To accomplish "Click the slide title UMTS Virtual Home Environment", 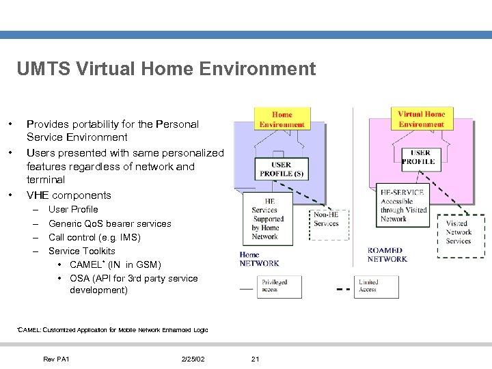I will pyautogui.click(x=166, y=69).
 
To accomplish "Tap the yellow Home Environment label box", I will pyautogui.click(x=282, y=120).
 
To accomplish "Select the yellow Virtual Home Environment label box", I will pyautogui.click(x=421, y=119).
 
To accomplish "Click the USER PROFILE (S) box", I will pyautogui.click(x=281, y=169).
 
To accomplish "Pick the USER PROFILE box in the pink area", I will pyautogui.click(x=418, y=157).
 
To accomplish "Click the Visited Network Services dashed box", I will pyautogui.click(x=459, y=232).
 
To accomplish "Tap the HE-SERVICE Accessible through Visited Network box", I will pyautogui.click(x=403, y=206).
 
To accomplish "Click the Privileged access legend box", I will pyautogui.click(x=279, y=286).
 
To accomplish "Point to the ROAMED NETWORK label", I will pyautogui.click(x=387, y=255).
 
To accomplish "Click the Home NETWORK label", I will pyautogui.click(x=259, y=259).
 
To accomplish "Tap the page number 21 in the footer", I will pyautogui.click(x=256, y=359).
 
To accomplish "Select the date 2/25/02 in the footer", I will pyautogui.click(x=193, y=359).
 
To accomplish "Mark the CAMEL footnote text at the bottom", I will pyautogui.click(x=112, y=330).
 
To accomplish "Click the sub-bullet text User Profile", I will pyautogui.click(x=73, y=210).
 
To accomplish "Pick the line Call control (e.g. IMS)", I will pyautogui.click(x=94, y=238).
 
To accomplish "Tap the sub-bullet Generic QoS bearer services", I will pyautogui.click(x=109, y=223).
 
